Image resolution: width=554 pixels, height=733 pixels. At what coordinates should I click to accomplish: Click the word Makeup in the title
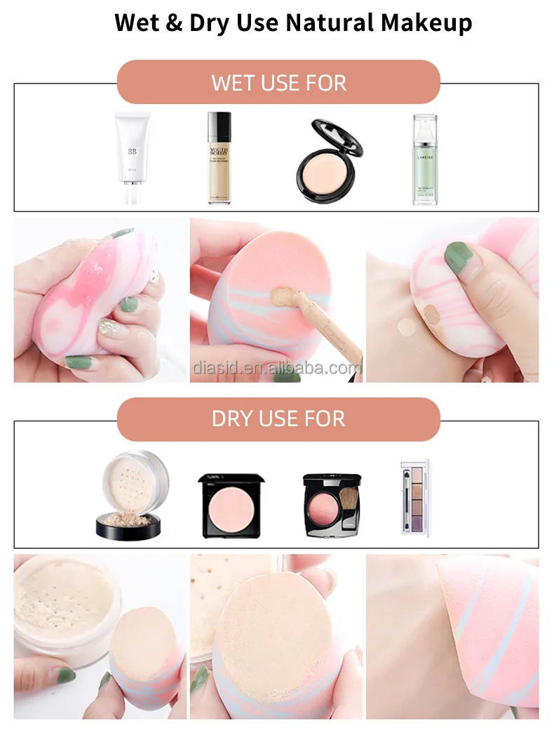click(428, 22)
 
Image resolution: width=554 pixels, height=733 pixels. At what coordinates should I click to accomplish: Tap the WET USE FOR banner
click(278, 83)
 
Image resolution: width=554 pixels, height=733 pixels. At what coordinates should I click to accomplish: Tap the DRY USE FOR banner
click(278, 418)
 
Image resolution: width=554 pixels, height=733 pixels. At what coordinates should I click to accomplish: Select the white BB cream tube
click(133, 158)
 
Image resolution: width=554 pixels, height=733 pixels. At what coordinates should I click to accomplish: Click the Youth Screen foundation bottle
click(219, 158)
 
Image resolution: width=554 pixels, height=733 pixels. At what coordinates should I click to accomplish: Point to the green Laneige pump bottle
click(424, 159)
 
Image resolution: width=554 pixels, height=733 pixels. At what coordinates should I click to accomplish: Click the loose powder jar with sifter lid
click(133, 495)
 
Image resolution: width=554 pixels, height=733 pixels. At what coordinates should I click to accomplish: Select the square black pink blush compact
click(231, 505)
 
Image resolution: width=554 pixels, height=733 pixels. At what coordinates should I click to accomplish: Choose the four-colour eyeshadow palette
click(414, 496)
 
